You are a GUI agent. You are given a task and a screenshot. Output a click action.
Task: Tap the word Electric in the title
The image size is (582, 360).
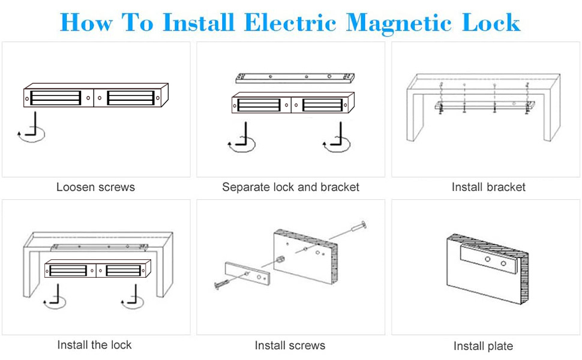point(291,22)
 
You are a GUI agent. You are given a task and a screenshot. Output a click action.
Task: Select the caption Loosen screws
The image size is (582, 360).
point(95,187)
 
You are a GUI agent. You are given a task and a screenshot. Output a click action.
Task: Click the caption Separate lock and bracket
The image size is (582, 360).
point(290,187)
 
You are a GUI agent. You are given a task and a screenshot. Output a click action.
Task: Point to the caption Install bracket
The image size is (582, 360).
point(488,187)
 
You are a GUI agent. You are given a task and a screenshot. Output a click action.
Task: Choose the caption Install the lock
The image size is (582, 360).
point(94,344)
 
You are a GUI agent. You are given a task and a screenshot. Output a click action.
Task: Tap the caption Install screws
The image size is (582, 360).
point(290,346)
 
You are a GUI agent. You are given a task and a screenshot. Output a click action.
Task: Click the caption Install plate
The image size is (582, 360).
point(483,346)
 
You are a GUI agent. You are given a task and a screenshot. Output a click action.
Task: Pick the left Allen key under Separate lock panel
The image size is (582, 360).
point(244,136)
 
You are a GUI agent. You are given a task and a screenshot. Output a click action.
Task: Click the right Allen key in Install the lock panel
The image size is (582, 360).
point(133,296)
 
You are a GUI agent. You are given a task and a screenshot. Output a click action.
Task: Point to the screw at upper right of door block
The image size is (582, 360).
point(356,229)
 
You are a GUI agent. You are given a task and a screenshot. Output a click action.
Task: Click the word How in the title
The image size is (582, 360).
point(86,22)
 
